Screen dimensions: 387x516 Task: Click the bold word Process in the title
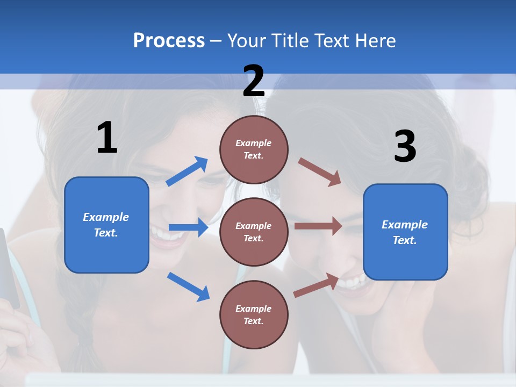(x=169, y=40)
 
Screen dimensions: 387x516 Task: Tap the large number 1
(x=107, y=138)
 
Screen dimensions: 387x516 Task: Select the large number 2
(x=254, y=81)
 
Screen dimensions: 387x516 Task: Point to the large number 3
(x=405, y=147)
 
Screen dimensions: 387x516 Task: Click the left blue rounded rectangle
(x=106, y=225)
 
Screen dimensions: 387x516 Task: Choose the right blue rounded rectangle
(x=405, y=232)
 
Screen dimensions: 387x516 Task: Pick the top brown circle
(x=254, y=149)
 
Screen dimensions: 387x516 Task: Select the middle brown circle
(x=254, y=232)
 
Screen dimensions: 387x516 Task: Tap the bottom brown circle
(x=254, y=314)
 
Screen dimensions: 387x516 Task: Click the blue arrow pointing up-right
(x=187, y=171)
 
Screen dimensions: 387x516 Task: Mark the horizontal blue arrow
(x=188, y=227)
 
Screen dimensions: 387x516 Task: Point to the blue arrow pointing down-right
(x=188, y=286)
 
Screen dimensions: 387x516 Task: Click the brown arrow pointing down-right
(x=320, y=171)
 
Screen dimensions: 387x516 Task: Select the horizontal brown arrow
(x=318, y=226)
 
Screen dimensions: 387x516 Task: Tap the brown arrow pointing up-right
(x=316, y=285)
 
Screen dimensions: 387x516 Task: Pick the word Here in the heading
(x=376, y=40)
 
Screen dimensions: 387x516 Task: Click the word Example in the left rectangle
(x=106, y=217)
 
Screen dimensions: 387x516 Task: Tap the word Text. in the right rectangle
(x=405, y=240)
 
